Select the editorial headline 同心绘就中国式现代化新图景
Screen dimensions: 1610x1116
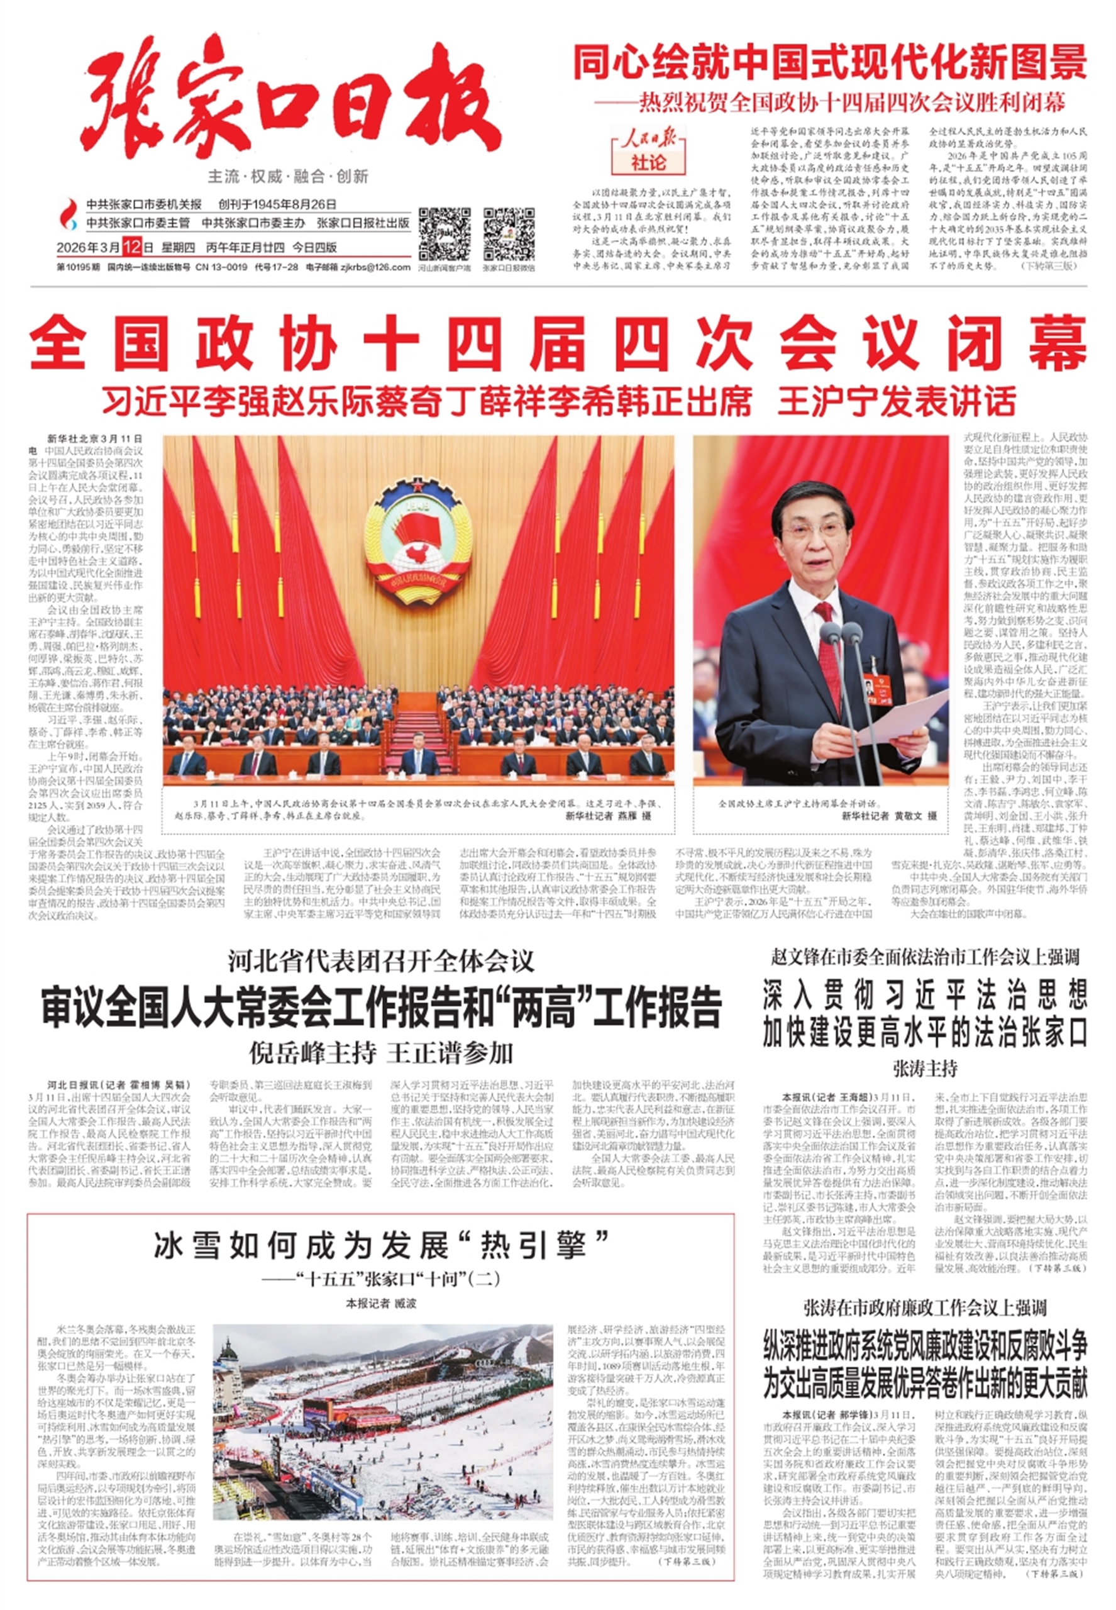[x=830, y=62]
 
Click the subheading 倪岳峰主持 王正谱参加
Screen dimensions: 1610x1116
[x=381, y=1053]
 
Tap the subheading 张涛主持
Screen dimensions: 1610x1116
[x=924, y=1069]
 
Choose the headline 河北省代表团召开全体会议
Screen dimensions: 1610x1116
[x=381, y=962]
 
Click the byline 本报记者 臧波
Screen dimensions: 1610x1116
[x=381, y=1304]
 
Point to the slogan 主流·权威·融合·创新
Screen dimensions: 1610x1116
[x=288, y=176]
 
